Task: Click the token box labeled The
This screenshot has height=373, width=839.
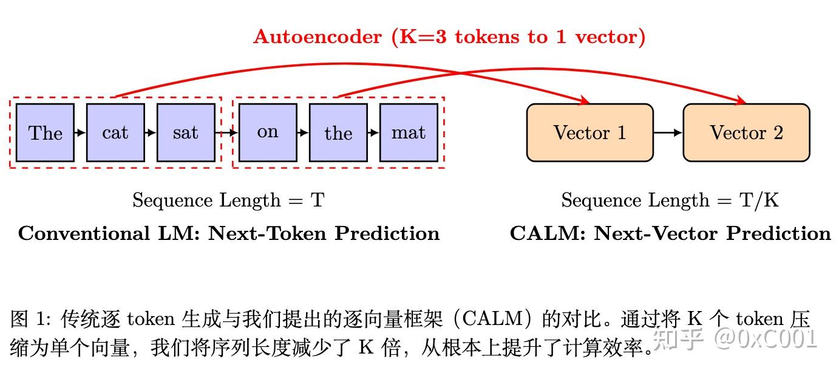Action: [45, 132]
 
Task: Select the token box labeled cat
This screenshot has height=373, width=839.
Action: [115, 132]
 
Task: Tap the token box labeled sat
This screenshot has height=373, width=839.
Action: [186, 132]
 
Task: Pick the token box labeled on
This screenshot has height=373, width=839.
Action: [268, 132]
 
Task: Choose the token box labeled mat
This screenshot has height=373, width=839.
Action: [409, 132]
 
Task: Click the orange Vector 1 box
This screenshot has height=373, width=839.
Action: [589, 132]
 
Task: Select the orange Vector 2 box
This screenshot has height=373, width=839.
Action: [746, 132]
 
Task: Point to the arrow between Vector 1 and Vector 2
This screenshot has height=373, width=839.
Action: [668, 132]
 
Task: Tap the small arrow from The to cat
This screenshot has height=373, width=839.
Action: [80, 132]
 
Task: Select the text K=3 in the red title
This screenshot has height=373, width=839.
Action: [419, 37]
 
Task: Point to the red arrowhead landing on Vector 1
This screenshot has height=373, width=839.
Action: [585, 100]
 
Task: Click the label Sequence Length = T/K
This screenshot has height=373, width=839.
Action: [670, 200]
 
